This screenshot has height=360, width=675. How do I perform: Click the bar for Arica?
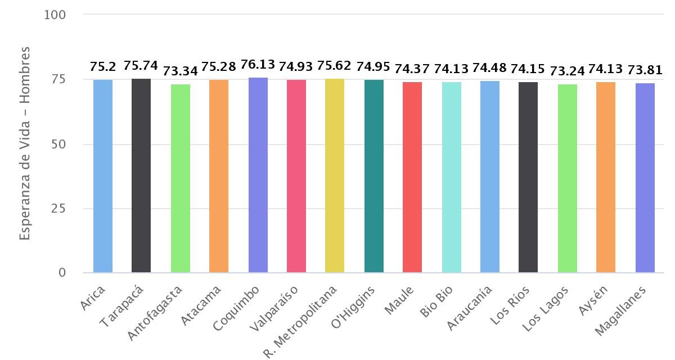103,176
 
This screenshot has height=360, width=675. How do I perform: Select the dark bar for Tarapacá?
141,175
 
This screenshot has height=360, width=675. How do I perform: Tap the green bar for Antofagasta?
181,178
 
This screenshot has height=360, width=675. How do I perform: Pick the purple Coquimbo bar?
258,175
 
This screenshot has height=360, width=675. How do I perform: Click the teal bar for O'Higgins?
373,176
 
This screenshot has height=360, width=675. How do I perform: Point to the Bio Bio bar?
451,177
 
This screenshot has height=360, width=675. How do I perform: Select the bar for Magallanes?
645,178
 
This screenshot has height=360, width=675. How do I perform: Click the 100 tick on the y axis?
55,15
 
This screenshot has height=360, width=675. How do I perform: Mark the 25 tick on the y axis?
58,209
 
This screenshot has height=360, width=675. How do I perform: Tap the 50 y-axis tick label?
58,144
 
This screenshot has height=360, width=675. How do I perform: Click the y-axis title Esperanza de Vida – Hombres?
24,144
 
